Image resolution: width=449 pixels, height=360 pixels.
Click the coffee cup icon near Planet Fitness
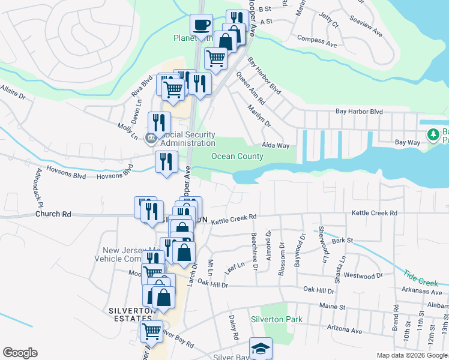pyautogui.click(x=201, y=25)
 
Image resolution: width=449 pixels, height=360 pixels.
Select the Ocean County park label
pyautogui.click(x=237, y=157)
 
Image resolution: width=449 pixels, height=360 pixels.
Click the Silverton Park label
pyautogui.click(x=277, y=320)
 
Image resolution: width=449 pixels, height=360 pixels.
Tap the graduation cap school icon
pyautogui.click(x=261, y=348)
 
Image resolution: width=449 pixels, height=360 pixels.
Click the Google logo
pyautogui.click(x=20, y=353)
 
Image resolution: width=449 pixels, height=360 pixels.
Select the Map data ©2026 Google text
pyautogui.click(x=412, y=356)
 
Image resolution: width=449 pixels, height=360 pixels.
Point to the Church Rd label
pyautogui.click(x=53, y=214)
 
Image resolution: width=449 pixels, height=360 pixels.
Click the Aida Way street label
pyautogui.click(x=276, y=146)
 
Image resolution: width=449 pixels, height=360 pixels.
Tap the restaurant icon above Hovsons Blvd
pyautogui.click(x=166, y=161)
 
